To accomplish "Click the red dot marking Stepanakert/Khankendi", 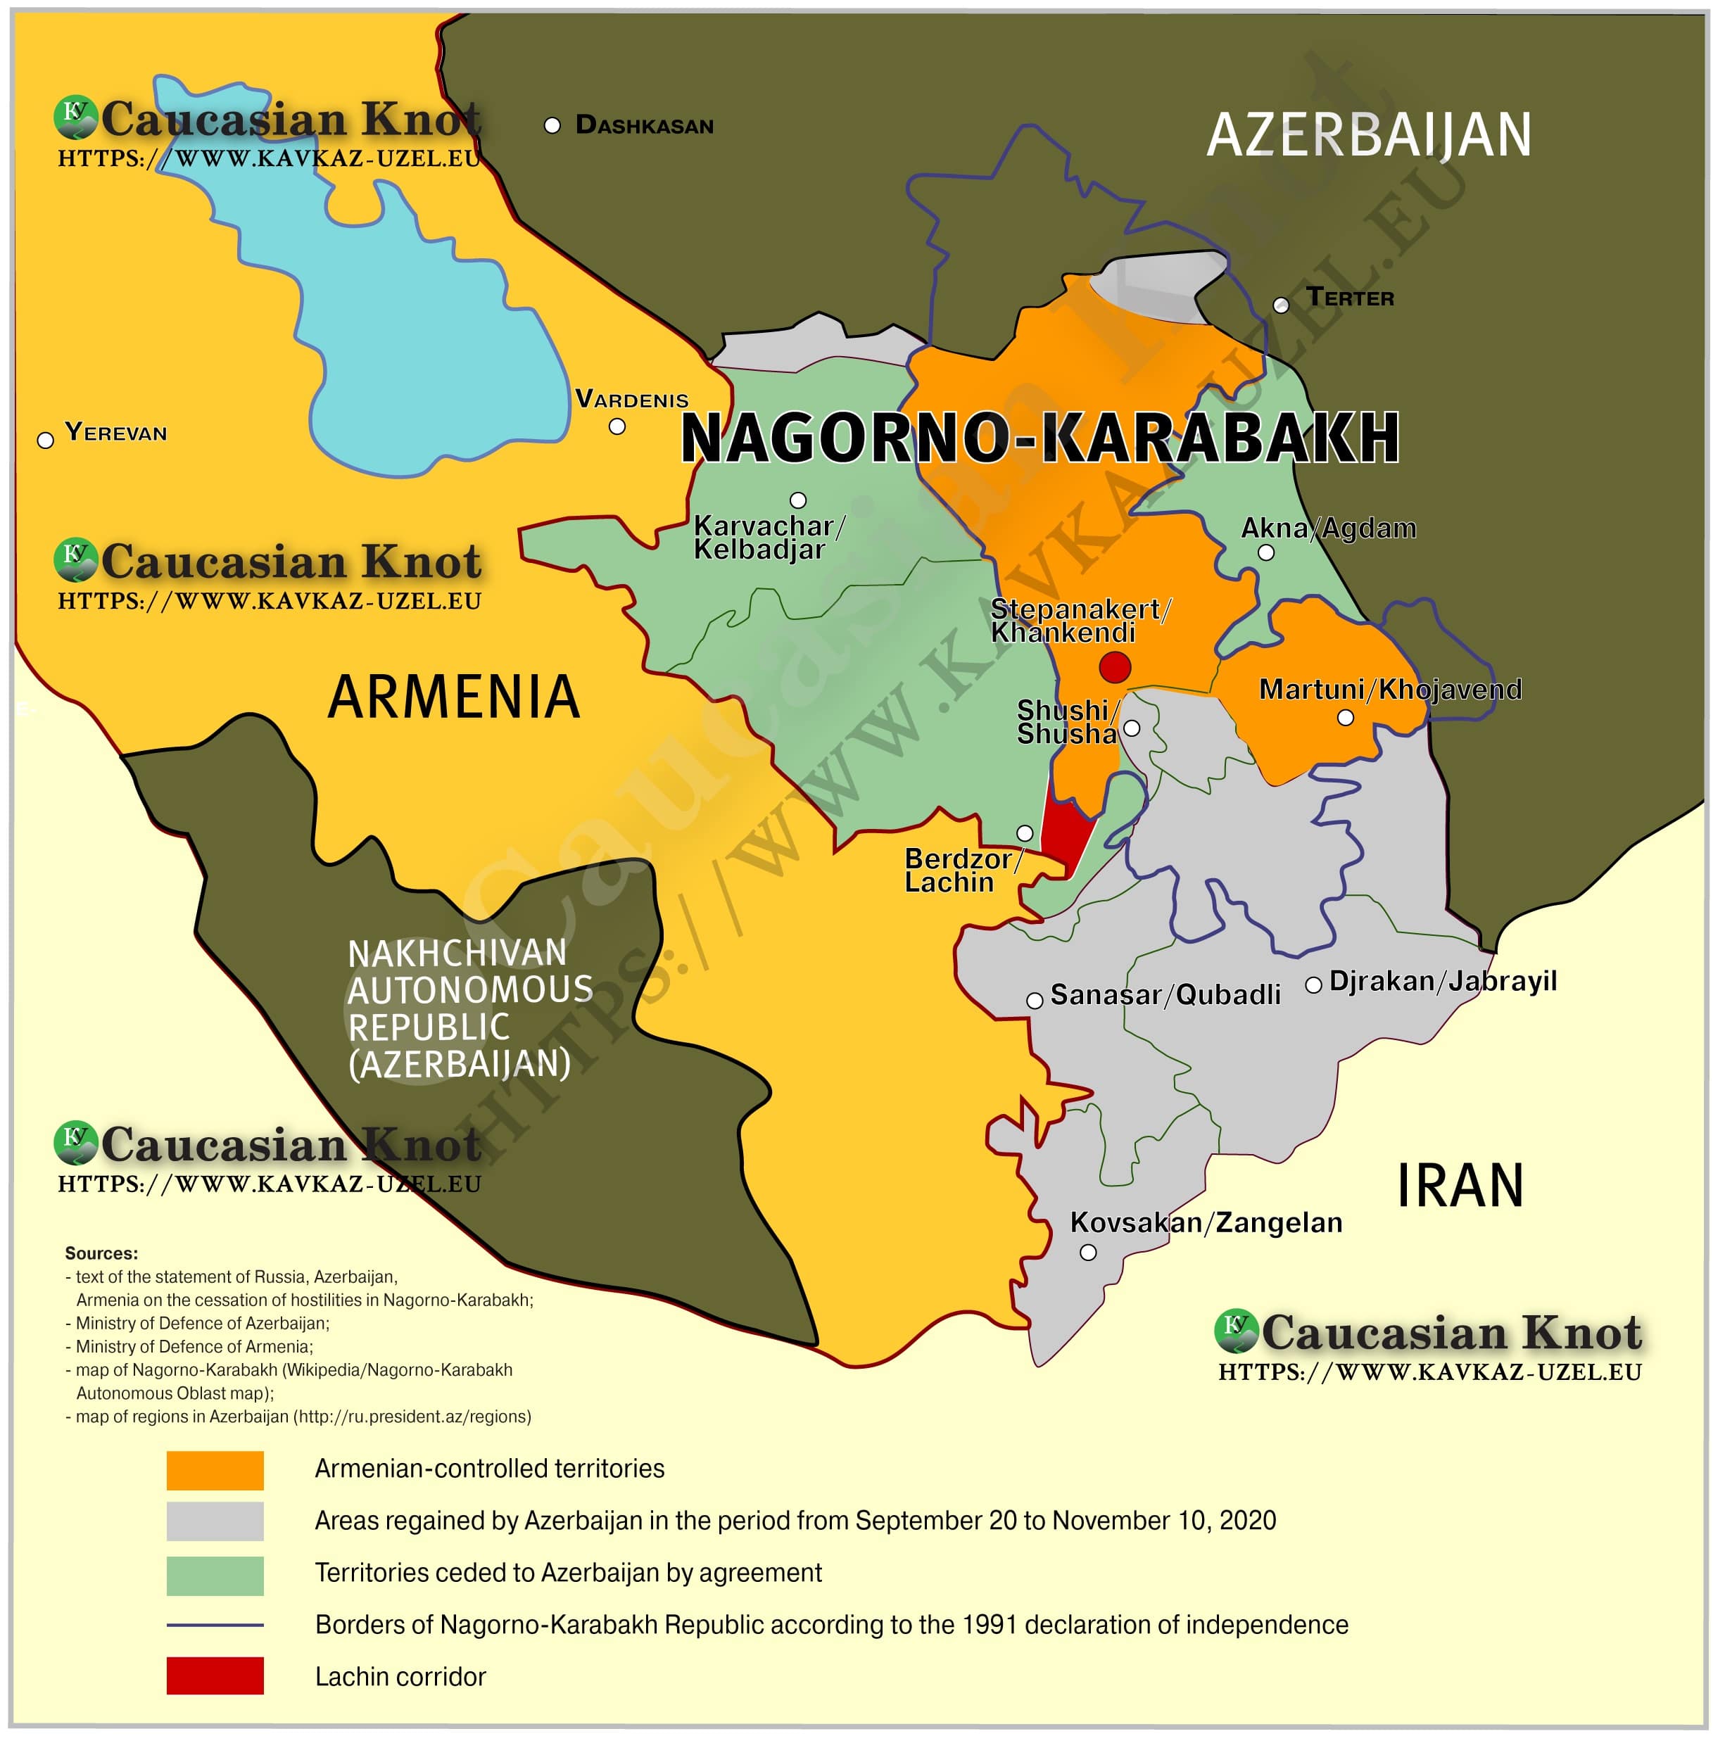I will (x=1114, y=668).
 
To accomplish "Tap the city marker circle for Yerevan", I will (x=45, y=441).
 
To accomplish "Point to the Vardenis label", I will (x=632, y=399).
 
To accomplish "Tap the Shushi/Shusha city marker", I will (x=1131, y=728).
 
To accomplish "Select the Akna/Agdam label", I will (x=1327, y=528).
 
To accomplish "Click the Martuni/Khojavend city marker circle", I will (x=1345, y=718).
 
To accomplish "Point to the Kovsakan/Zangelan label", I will (x=1206, y=1223).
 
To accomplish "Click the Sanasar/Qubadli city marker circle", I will (x=1035, y=1001).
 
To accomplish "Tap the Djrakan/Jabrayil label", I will (x=1443, y=982).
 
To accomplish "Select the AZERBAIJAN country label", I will (x=1367, y=136).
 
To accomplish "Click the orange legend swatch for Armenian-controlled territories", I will (x=215, y=1470).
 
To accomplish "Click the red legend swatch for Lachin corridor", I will (x=215, y=1676).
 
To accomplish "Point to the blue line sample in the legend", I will (x=215, y=1625).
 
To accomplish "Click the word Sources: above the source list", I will (x=101, y=1254).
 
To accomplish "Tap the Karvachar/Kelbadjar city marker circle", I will (x=797, y=500).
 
